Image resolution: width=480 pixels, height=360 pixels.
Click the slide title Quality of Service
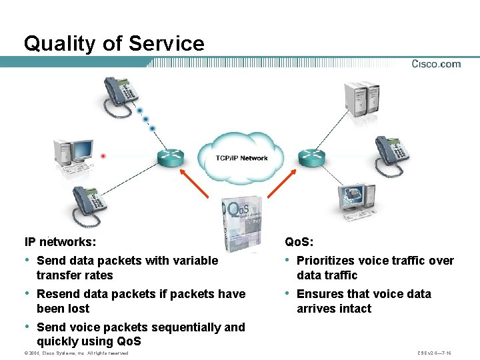[x=114, y=43]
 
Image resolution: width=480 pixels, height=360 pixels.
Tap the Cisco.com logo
[x=436, y=64]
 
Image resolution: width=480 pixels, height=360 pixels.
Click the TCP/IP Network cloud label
[x=241, y=158]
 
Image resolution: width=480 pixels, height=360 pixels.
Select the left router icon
[x=169, y=157]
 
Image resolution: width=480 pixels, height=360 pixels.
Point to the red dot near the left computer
[x=103, y=156]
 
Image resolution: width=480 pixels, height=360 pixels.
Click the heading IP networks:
[x=60, y=241]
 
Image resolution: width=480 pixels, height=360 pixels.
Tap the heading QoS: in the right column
[x=299, y=241]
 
